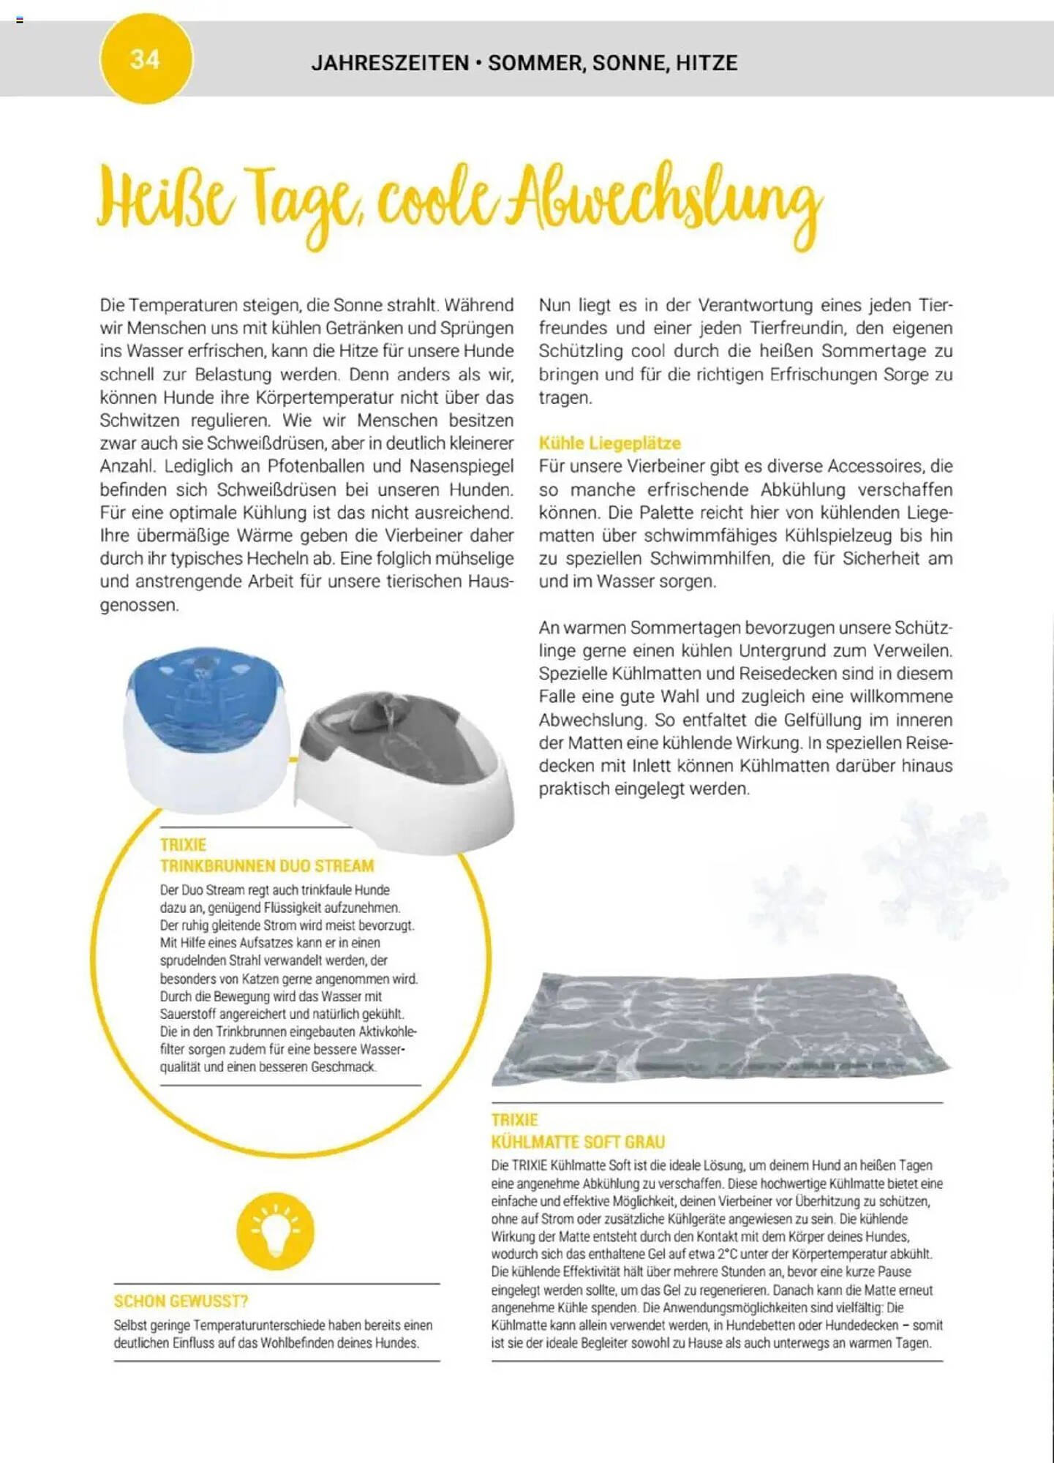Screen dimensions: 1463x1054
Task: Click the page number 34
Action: pyautogui.click(x=145, y=59)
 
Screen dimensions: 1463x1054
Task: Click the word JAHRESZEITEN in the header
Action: pyautogui.click(x=390, y=63)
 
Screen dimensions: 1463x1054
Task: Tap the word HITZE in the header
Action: pyautogui.click(x=706, y=63)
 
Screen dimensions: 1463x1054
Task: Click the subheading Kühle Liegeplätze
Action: pyautogui.click(x=609, y=443)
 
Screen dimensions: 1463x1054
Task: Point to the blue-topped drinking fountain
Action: pyautogui.click(x=207, y=724)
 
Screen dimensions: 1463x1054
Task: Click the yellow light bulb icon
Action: pyautogui.click(x=275, y=1230)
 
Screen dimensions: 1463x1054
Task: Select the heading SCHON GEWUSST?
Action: pyautogui.click(x=181, y=1301)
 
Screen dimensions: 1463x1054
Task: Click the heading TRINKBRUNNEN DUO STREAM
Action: pyautogui.click(x=267, y=866)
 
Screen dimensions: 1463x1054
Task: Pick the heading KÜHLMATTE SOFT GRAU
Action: pyautogui.click(x=578, y=1142)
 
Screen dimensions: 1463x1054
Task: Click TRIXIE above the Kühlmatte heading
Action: pyautogui.click(x=514, y=1120)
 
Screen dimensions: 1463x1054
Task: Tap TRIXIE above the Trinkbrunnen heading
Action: pyautogui.click(x=183, y=845)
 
